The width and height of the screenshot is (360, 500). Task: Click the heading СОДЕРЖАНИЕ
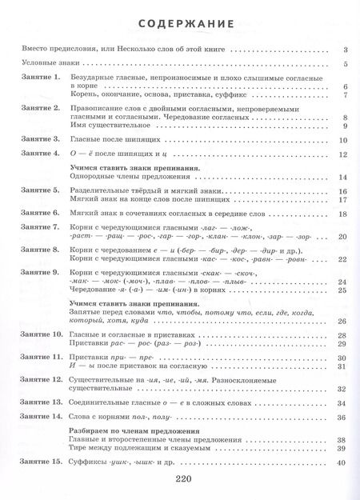180,23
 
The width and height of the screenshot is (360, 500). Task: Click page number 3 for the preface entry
343,50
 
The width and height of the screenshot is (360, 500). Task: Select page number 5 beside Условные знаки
343,64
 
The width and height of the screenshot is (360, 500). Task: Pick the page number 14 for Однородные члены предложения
342,178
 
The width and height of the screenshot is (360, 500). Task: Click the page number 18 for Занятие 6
342,214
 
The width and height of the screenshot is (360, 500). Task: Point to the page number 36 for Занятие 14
342,418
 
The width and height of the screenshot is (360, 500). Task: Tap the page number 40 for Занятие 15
342,463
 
